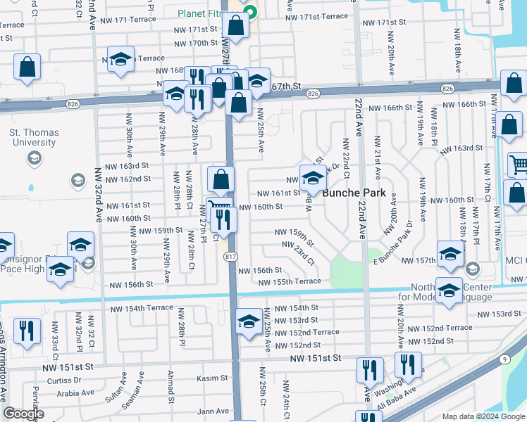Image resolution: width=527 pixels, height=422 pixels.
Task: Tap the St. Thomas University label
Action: coord(32,137)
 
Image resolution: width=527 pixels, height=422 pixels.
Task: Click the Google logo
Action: coord(23,414)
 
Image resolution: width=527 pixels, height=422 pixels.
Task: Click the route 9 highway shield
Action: coord(504,359)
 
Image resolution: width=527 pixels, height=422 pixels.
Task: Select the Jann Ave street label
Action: coord(213,411)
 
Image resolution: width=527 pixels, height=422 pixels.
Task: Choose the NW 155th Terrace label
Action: coord(290,282)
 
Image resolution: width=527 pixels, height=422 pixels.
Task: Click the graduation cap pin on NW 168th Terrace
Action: coord(121,60)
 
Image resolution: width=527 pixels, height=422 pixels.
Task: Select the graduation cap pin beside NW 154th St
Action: coord(249,322)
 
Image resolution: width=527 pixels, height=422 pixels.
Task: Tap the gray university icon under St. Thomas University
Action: coord(33,158)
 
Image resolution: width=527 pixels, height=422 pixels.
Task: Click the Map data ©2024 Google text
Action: coord(483,416)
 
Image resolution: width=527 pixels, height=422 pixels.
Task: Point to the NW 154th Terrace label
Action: coord(142,308)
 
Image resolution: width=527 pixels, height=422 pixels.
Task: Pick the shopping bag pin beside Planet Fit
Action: coord(237,25)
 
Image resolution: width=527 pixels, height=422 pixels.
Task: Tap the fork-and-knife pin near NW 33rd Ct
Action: coord(27,331)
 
